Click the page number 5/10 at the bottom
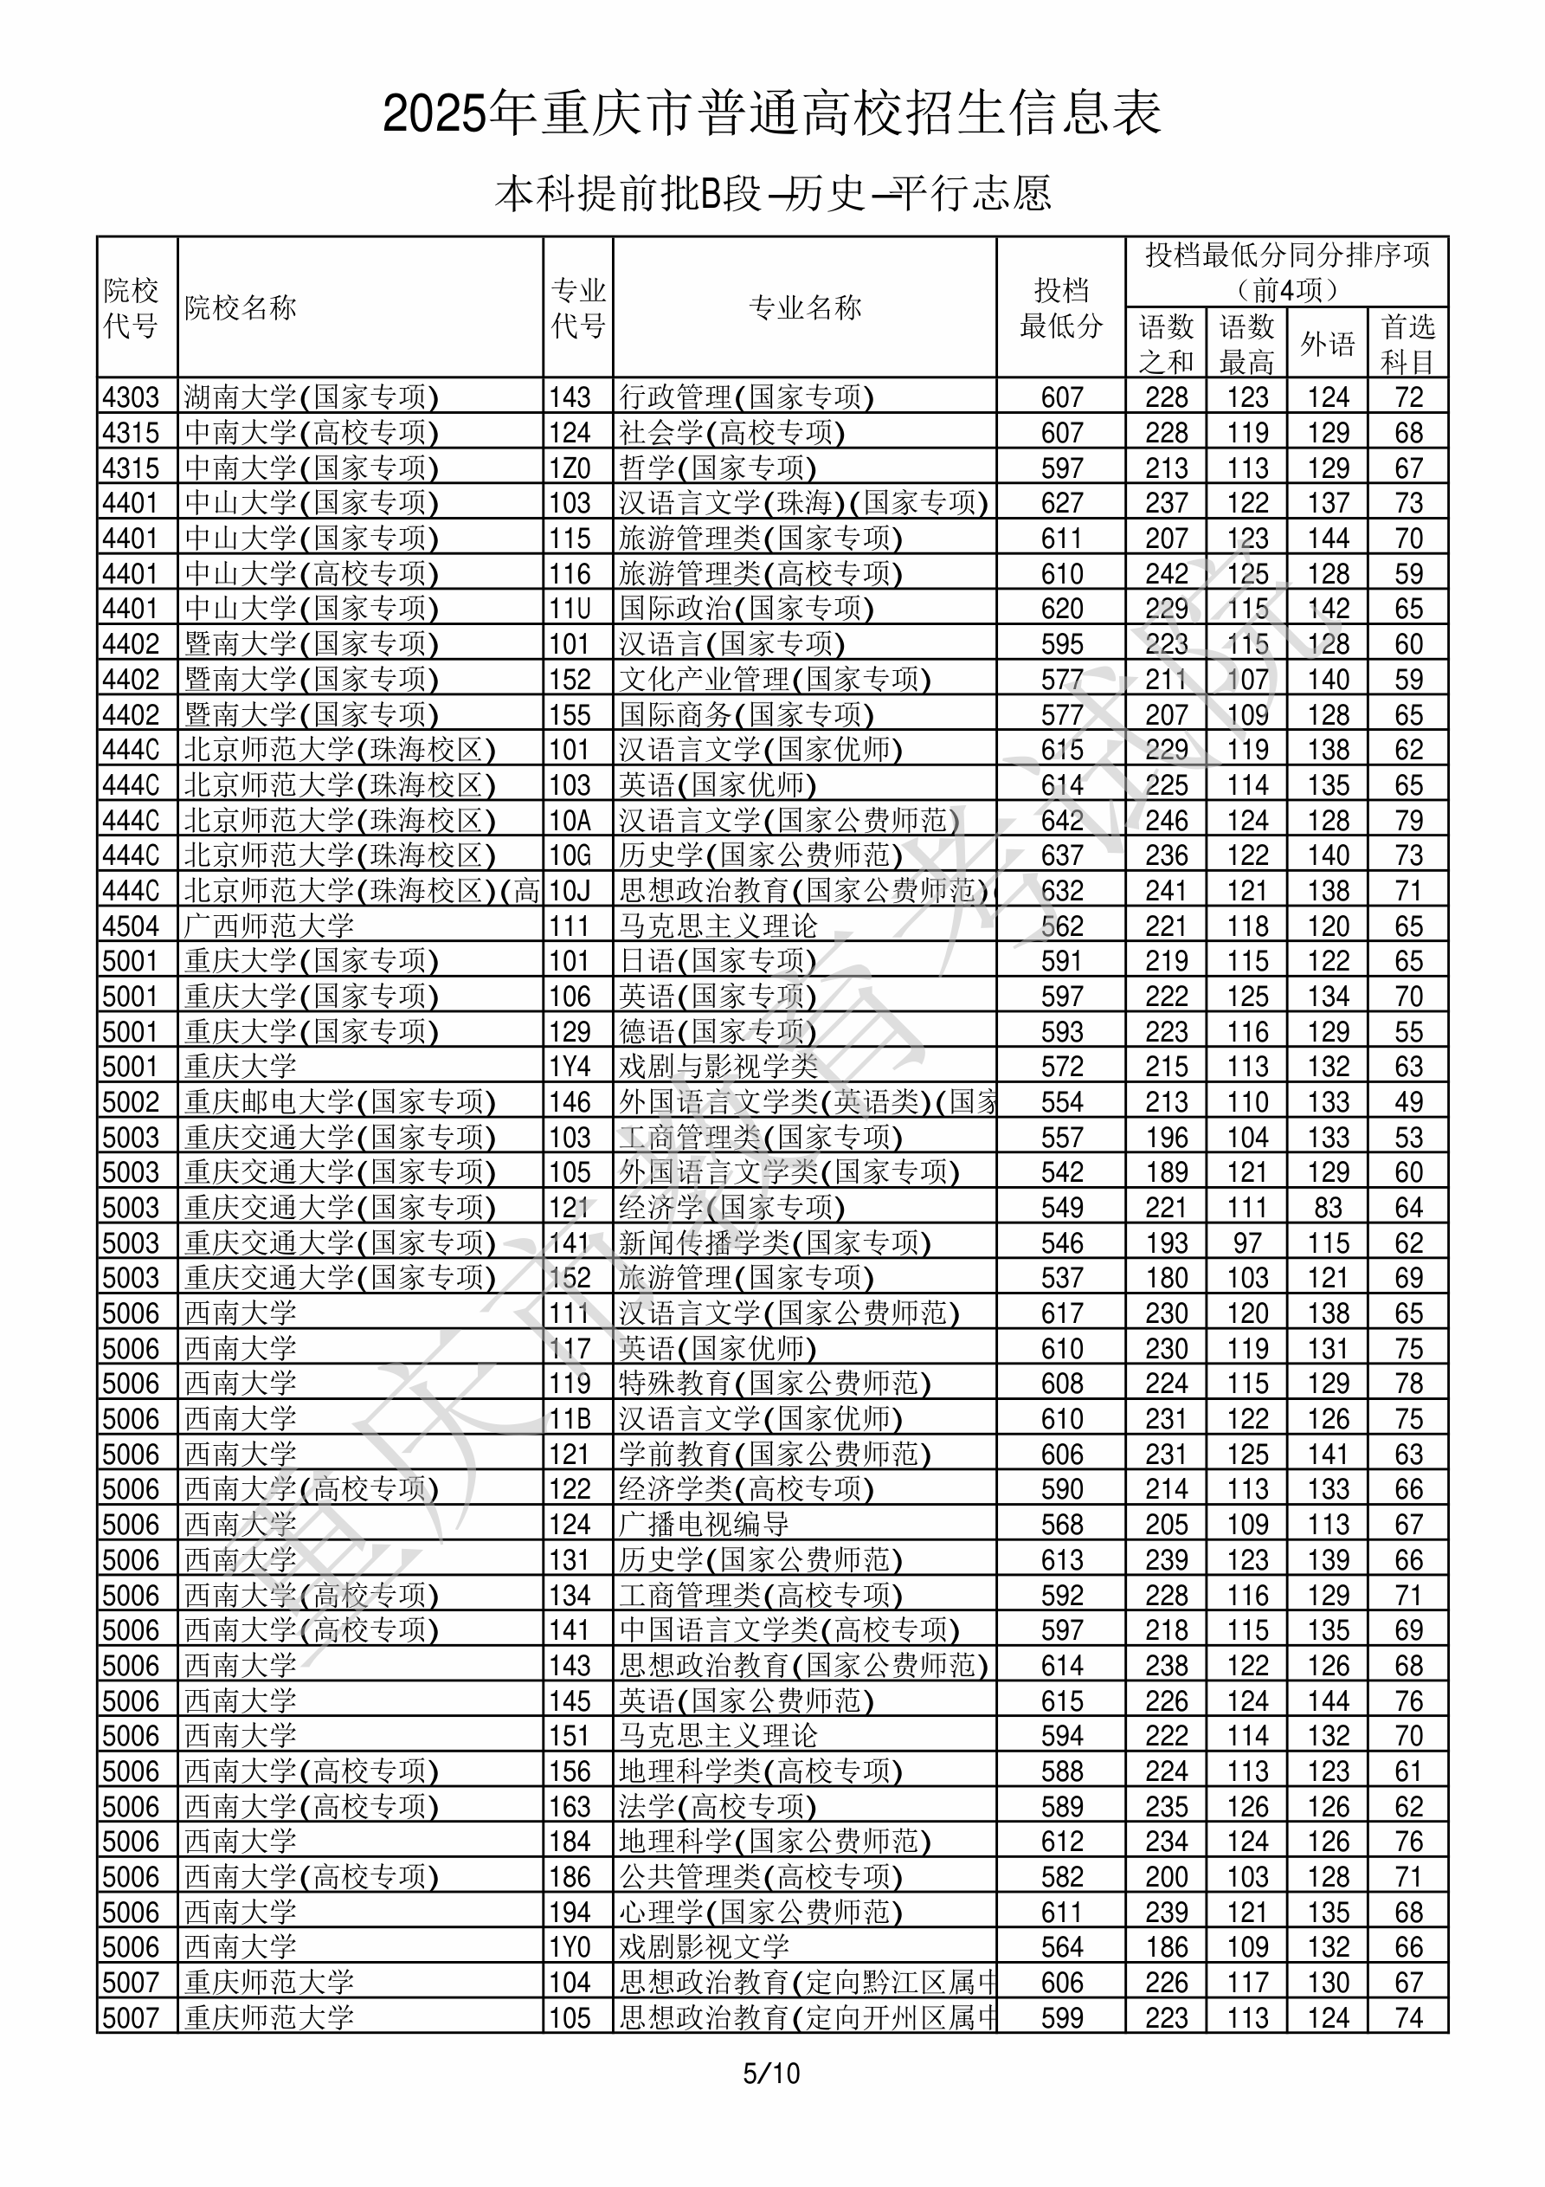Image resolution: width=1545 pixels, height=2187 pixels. (x=771, y=2073)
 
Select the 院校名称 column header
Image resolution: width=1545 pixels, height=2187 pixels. (x=241, y=307)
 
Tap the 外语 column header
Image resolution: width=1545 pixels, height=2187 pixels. (x=1328, y=344)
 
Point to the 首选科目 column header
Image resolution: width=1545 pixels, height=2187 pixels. (x=1408, y=344)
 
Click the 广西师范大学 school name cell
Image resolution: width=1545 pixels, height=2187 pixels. (x=269, y=926)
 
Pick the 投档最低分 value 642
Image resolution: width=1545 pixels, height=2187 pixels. (x=1062, y=820)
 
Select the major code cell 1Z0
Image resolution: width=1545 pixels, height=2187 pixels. (x=570, y=468)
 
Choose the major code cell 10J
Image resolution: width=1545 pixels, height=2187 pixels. (x=570, y=891)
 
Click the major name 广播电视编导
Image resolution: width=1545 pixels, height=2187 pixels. (x=704, y=1524)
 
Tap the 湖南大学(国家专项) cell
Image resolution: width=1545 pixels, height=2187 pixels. (x=312, y=397)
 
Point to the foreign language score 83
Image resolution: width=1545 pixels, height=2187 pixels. (x=1328, y=1208)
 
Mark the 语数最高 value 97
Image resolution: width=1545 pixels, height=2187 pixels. (x=1247, y=1243)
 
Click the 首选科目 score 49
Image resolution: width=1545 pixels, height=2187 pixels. (x=1408, y=1102)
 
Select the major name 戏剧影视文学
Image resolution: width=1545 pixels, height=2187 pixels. (x=704, y=1947)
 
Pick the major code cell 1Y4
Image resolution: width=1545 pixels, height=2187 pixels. (x=570, y=1067)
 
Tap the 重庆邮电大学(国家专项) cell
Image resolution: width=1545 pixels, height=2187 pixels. (x=340, y=1102)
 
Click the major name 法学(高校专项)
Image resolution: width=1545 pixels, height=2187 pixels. (x=718, y=1807)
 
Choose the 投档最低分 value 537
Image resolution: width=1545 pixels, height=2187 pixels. (x=1062, y=1278)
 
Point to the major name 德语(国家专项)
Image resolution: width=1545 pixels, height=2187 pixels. (x=718, y=1031)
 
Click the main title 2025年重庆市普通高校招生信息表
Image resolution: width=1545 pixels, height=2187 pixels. (x=771, y=113)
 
